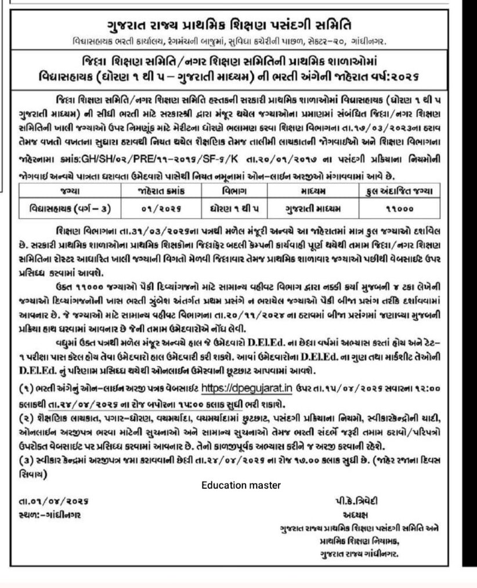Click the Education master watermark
pyautogui.click(x=241, y=485)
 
